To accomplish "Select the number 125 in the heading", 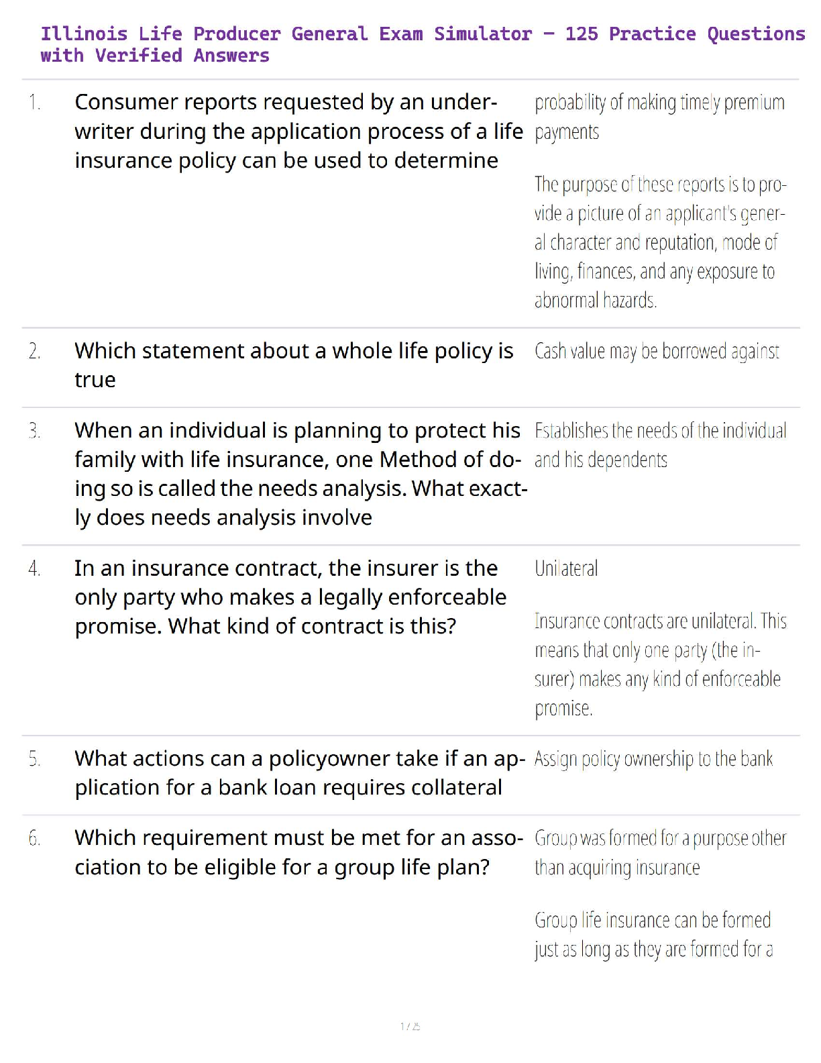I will pos(581,34).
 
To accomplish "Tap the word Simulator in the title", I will pos(482,34).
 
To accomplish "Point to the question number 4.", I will pos(35,568).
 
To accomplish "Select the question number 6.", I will pos(35,838).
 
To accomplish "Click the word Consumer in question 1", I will pos(126,102).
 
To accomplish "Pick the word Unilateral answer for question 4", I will pos(566,568).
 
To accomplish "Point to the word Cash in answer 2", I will pos(550,351).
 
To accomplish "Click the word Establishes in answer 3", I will pos(571,430).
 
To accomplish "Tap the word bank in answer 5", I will pos(757,758).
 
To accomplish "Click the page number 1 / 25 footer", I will pos(410,1026).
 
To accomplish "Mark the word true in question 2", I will pos(95,380).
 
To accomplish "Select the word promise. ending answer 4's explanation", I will pos(563,708).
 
